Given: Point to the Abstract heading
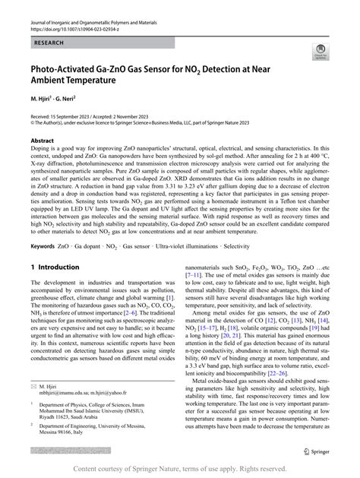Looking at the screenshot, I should point(42,141).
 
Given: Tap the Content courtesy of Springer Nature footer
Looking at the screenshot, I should point(180,469).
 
